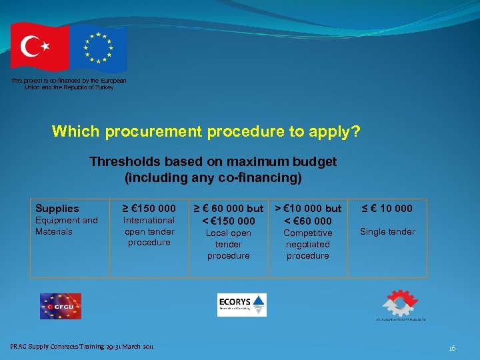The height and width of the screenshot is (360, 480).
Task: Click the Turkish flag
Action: click(39, 47)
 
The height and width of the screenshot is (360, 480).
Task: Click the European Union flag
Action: click(99, 47)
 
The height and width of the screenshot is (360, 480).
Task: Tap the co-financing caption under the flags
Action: click(69, 84)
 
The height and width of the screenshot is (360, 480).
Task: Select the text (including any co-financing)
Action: click(213, 178)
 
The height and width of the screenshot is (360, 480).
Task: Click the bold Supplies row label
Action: click(57, 209)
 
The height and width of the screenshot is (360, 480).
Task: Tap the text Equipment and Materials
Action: click(66, 226)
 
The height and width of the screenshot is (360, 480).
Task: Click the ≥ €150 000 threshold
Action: click(149, 209)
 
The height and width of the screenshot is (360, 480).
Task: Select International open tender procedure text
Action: click(149, 231)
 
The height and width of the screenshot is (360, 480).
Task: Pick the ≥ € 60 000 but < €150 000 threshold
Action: click(228, 215)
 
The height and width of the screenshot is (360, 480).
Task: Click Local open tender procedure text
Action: click(228, 244)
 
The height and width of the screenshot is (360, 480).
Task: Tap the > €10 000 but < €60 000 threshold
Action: click(308, 215)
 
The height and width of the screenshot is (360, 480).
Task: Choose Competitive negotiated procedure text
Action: click(307, 244)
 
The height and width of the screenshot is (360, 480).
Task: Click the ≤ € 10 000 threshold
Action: click(387, 209)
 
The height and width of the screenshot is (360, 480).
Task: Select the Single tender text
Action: click(387, 232)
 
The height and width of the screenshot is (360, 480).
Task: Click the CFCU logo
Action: click(60, 306)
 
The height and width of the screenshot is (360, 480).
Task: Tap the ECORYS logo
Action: click(241, 305)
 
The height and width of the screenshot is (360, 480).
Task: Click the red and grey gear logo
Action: click(399, 303)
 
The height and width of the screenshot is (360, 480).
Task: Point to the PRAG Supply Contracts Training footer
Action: click(82, 346)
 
